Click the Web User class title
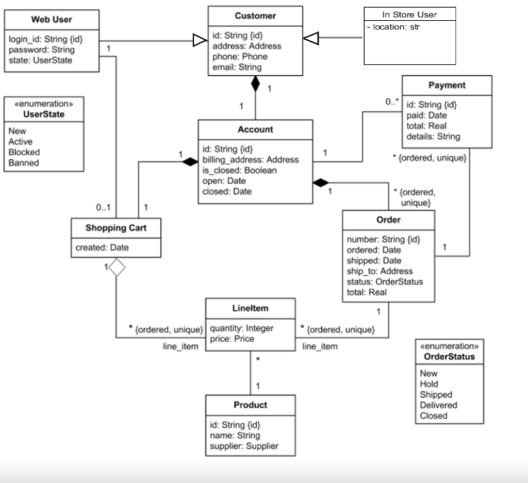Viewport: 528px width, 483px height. click(52, 20)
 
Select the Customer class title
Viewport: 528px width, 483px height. click(255, 16)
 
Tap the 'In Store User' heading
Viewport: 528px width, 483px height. click(409, 14)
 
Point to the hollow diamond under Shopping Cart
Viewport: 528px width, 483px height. click(117, 267)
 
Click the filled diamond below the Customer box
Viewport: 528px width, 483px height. click(255, 84)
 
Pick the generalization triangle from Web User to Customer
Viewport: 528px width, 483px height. click(200, 41)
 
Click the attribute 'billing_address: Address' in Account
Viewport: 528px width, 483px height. click(251, 160)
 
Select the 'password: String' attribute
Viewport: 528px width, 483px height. click(42, 50)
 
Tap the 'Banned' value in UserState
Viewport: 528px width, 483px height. click(24, 163)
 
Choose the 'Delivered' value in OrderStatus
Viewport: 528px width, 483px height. click(438, 405)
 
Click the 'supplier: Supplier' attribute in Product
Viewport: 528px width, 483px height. click(244, 446)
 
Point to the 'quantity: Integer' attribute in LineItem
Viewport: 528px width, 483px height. click(242, 328)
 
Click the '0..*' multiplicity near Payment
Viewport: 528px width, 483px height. click(392, 102)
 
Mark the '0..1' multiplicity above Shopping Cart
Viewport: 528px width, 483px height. click(104, 208)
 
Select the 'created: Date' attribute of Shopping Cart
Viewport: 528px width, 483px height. click(102, 247)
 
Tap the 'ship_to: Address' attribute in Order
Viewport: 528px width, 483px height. click(379, 271)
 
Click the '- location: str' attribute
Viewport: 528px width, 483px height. click(396, 27)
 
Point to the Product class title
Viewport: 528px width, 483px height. click(250, 405)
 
